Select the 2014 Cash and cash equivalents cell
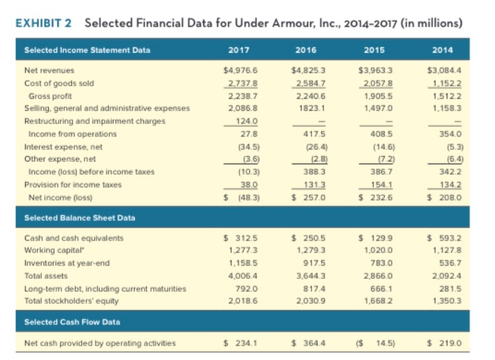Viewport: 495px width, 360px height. (440, 238)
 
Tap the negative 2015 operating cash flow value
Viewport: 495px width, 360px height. (374, 342)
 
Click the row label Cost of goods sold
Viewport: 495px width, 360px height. (59, 83)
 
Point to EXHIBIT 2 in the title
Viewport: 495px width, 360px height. (44, 24)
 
